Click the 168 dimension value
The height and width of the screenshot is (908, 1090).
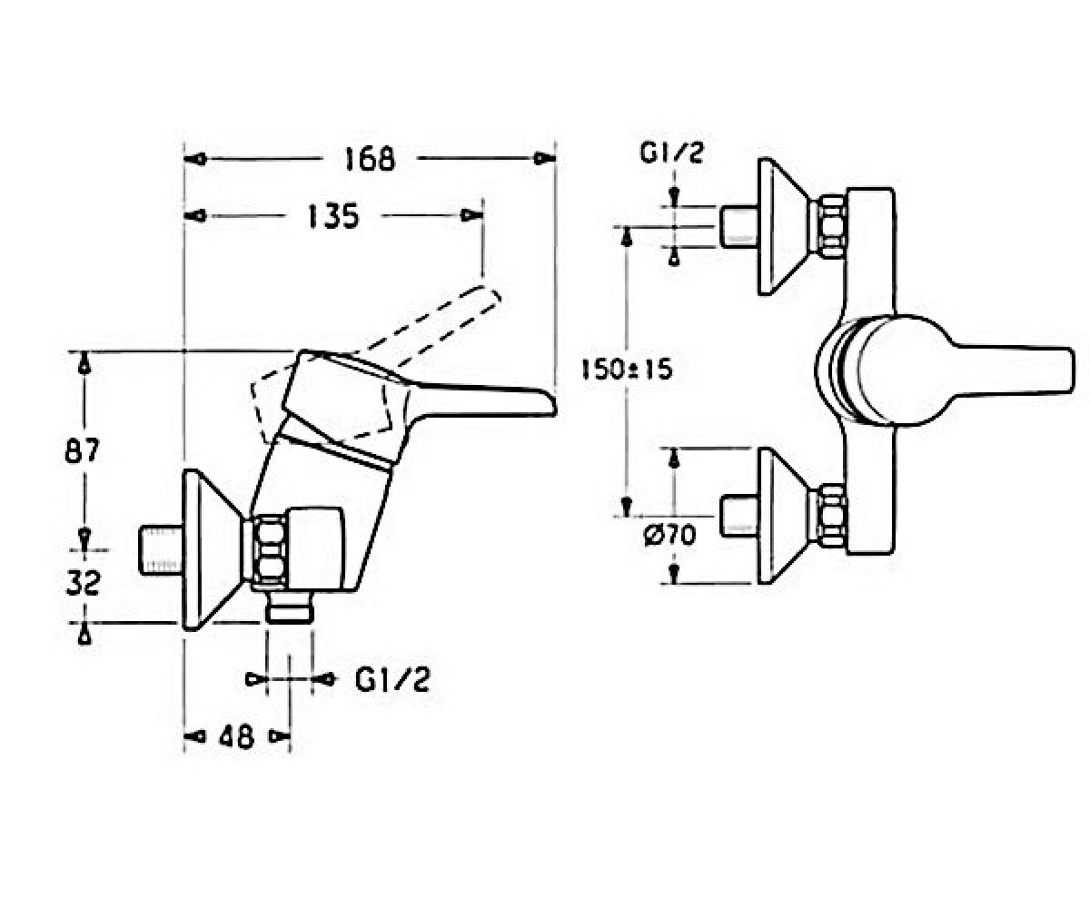point(370,159)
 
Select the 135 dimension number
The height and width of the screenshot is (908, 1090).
point(333,216)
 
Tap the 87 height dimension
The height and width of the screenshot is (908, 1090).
point(82,450)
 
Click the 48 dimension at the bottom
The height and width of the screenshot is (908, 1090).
point(236,736)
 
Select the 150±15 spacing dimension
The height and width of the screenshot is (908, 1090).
point(627,370)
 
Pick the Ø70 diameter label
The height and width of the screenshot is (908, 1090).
point(669,536)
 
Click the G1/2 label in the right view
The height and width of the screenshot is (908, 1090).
point(672,153)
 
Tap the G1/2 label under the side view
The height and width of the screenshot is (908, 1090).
point(392,680)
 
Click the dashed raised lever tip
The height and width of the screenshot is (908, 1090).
point(495,296)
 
